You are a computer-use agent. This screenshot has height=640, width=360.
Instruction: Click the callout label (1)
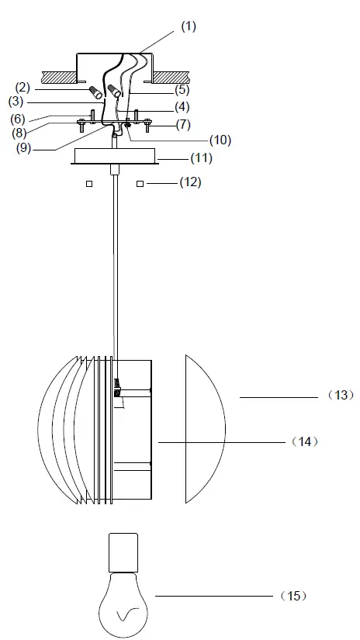click(189, 26)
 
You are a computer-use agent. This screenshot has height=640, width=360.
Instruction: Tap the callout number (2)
click(22, 88)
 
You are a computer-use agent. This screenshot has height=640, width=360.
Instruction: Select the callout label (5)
click(182, 90)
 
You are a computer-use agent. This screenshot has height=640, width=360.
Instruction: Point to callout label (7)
click(183, 124)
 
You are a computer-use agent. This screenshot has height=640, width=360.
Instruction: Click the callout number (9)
click(24, 148)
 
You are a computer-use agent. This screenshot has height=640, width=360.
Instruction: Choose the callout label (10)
click(220, 140)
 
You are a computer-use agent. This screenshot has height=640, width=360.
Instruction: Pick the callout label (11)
click(202, 158)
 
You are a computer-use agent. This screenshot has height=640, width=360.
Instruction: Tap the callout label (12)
click(191, 182)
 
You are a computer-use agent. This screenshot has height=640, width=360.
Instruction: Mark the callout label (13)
click(341, 395)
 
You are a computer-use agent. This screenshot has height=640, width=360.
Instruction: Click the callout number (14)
click(305, 441)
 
